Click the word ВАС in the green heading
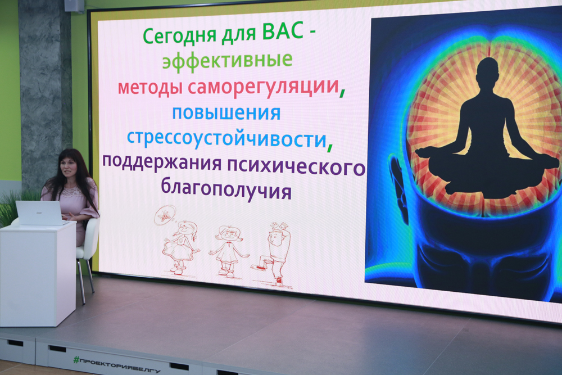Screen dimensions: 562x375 pos(283,34)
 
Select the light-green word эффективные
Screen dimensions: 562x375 pos(227,61)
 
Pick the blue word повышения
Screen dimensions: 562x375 pos(226,114)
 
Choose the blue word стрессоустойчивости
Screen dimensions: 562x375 pos(226,139)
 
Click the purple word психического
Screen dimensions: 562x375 pos(296,167)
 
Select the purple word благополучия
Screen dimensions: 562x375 pos(226,189)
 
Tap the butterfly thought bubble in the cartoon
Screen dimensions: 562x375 pos(165,215)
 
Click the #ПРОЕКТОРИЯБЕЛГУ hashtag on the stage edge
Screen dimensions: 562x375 pos(116,365)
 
